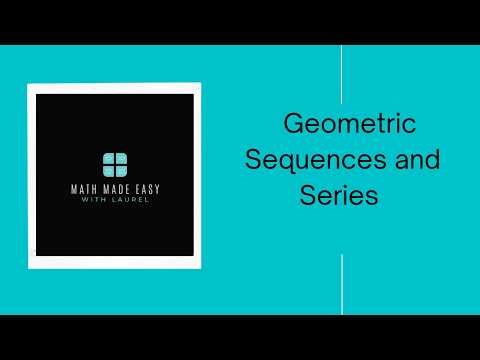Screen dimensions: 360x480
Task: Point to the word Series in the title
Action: tap(338, 195)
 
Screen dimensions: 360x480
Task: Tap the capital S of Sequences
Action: tap(254, 159)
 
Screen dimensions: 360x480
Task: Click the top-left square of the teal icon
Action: tap(108, 158)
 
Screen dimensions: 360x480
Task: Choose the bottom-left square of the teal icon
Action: tap(108, 168)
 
